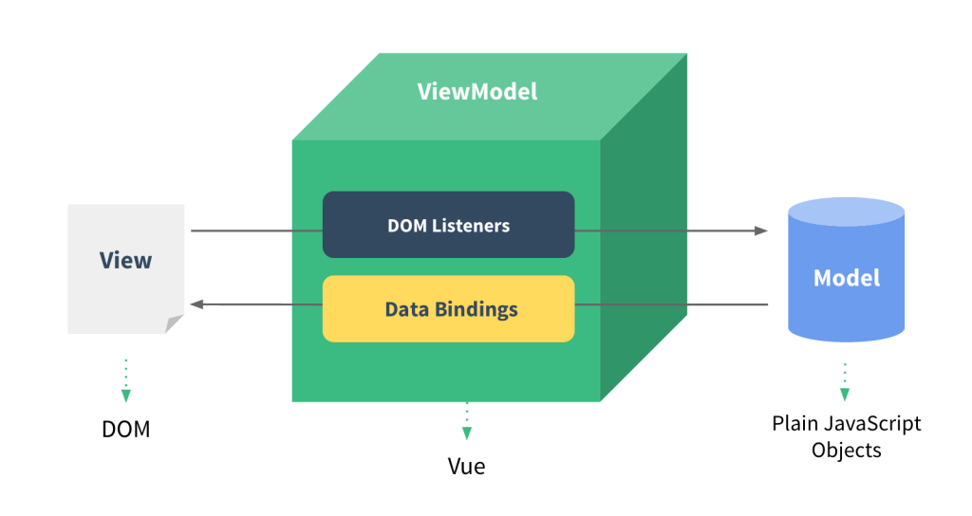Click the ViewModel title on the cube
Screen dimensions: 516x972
click(477, 92)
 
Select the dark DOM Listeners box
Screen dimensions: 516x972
click(448, 225)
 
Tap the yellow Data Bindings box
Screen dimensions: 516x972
click(448, 308)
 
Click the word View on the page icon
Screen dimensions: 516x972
click(125, 260)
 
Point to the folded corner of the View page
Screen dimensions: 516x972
click(174, 323)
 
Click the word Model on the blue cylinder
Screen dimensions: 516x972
click(847, 278)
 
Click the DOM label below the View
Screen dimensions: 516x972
click(125, 429)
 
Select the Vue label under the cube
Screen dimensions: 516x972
click(466, 467)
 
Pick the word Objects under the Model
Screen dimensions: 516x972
click(847, 450)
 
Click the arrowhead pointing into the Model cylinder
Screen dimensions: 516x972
click(760, 230)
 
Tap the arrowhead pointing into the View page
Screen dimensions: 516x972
click(196, 304)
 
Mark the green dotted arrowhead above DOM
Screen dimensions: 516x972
click(125, 396)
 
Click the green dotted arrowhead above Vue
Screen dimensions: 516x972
click(466, 433)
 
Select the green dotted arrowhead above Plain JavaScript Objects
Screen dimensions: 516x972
click(844, 394)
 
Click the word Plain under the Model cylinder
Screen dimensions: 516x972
click(793, 423)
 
